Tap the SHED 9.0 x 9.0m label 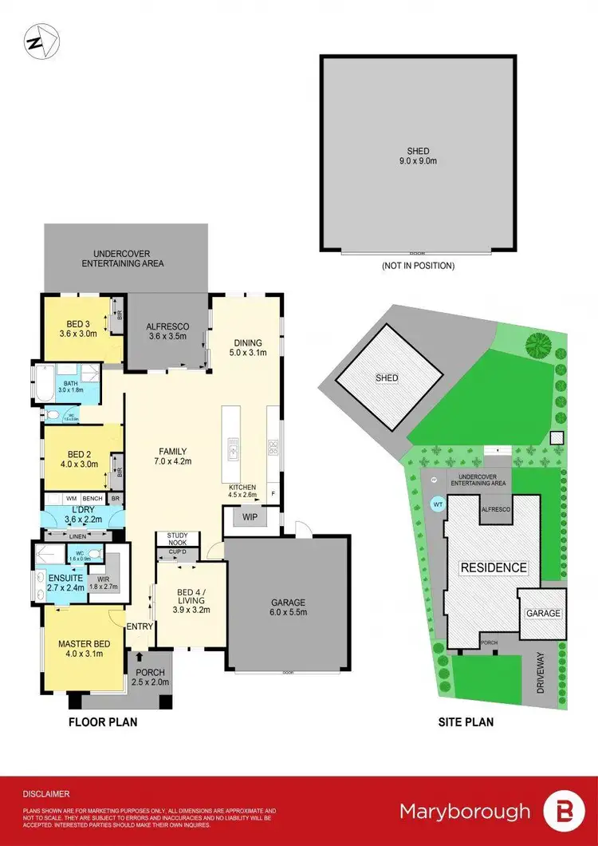418,156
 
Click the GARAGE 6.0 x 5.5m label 288,608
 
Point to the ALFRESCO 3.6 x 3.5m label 167,331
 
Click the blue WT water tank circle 438,504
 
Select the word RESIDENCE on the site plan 492,568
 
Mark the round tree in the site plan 538,345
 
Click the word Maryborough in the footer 465,812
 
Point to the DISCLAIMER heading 46,794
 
